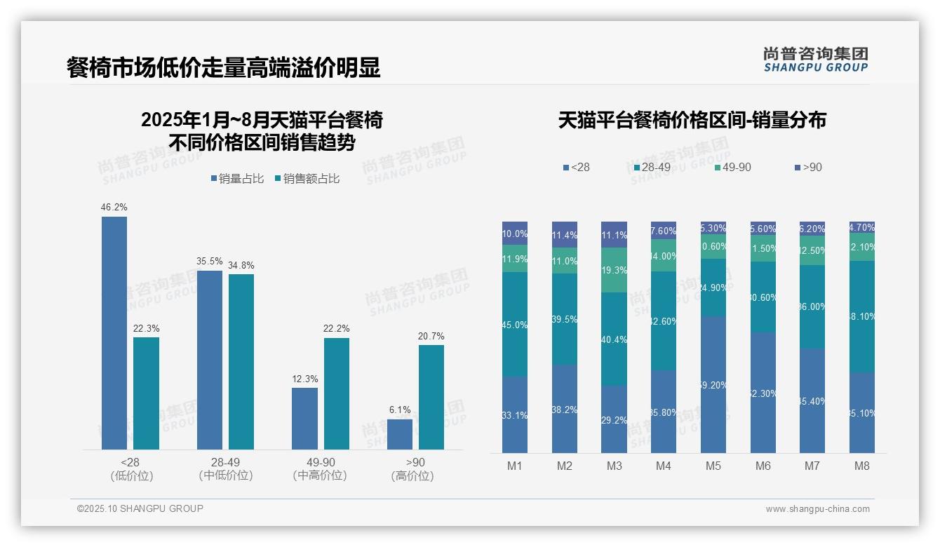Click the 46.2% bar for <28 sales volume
(114, 333)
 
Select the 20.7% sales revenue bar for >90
(431, 397)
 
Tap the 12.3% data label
(305, 379)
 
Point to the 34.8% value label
(241, 266)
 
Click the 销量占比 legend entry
(237, 179)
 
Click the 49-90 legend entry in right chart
(732, 168)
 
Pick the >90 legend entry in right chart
(808, 168)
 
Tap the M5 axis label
(713, 466)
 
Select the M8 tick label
(862, 466)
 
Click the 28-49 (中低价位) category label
(226, 469)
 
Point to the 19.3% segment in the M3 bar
(615, 270)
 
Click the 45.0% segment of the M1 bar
(515, 324)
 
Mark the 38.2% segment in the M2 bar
(565, 409)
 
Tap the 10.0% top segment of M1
(515, 234)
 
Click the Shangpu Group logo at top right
(815, 59)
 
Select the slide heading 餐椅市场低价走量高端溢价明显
(224, 67)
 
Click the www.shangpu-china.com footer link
(817, 509)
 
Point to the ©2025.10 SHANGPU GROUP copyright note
(140, 509)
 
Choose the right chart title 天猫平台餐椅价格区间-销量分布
(692, 120)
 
